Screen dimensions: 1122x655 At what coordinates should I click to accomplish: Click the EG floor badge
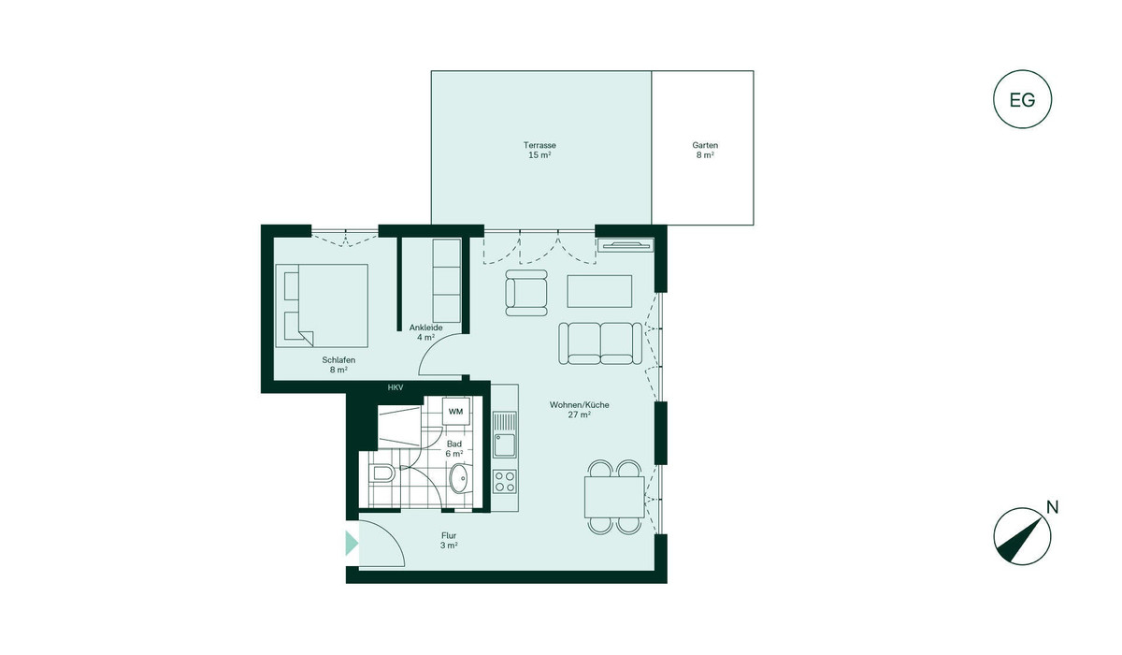pyautogui.click(x=1022, y=99)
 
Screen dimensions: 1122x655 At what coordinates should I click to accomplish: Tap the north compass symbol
pyautogui.click(x=1022, y=536)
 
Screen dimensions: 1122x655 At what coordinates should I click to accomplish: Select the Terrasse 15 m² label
pyautogui.click(x=539, y=150)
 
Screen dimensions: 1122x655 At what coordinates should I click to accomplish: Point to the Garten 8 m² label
pyautogui.click(x=705, y=150)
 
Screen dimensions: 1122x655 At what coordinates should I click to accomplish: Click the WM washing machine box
pyautogui.click(x=456, y=412)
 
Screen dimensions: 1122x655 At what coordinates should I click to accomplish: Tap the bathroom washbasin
pyautogui.click(x=460, y=478)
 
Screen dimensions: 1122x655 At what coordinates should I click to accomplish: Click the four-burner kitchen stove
pyautogui.click(x=504, y=481)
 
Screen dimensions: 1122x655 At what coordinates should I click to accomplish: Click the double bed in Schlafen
pyautogui.click(x=322, y=306)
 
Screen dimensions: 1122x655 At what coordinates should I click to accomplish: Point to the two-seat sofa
pyautogui.click(x=600, y=343)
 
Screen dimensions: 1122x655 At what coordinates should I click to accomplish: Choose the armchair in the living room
pyautogui.click(x=526, y=293)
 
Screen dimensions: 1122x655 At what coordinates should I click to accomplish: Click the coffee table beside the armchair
pyautogui.click(x=599, y=291)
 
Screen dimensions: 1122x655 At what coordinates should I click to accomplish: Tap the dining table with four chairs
pyautogui.click(x=614, y=497)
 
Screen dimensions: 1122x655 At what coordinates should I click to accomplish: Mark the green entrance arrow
pyautogui.click(x=352, y=544)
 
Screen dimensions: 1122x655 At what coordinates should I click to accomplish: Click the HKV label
pyautogui.click(x=396, y=387)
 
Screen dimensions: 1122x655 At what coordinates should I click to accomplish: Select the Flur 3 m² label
pyautogui.click(x=449, y=540)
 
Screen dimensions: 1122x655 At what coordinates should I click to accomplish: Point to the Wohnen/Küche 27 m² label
pyautogui.click(x=579, y=410)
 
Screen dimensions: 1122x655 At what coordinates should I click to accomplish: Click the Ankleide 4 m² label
pyautogui.click(x=425, y=332)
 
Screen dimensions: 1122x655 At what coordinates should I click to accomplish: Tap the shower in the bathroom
pyautogui.click(x=398, y=427)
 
